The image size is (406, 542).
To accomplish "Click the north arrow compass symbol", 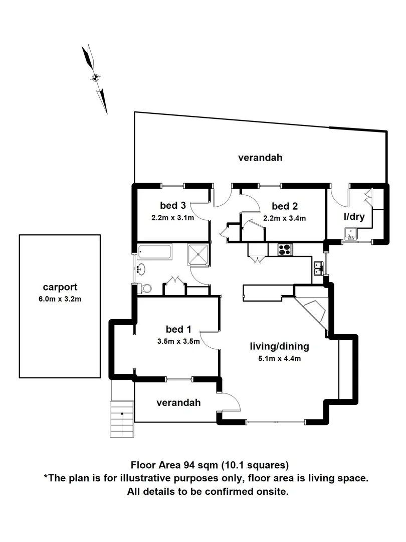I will click(95, 78).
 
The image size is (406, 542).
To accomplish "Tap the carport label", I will click(60, 288).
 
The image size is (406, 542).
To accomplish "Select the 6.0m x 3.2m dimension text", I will click(60, 300).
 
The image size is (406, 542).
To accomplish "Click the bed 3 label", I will click(173, 205).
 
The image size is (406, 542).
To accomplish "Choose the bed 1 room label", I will click(178, 330).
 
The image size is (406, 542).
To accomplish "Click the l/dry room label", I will click(354, 217).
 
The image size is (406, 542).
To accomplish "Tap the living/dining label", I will click(279, 346).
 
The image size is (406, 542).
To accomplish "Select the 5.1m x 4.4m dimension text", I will click(279, 358).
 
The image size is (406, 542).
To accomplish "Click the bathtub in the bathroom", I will click(155, 251).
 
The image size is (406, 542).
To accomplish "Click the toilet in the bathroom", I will click(146, 288).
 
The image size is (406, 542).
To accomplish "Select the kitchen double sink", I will click(318, 268).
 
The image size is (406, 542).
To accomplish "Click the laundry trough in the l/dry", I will click(350, 233).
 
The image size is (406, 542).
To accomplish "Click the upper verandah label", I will click(260, 158).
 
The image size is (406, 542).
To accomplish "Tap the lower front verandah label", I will click(178, 402).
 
